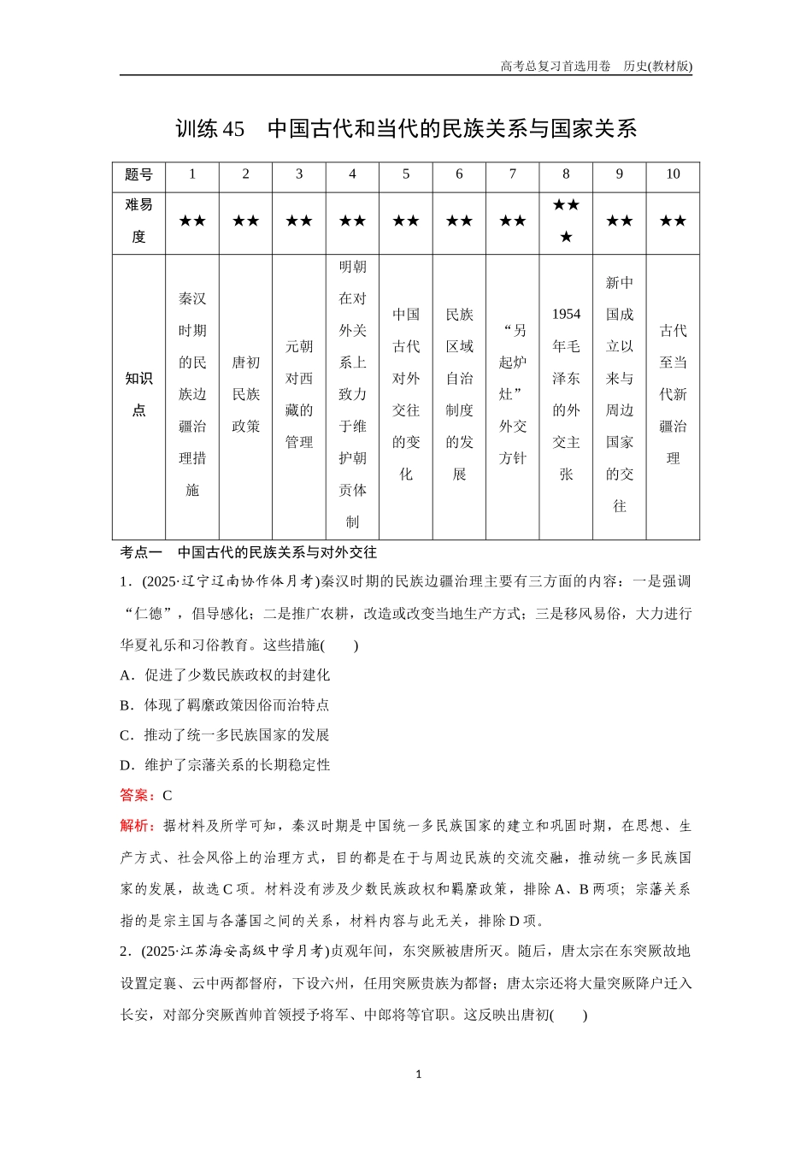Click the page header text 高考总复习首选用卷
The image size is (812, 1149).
point(555,66)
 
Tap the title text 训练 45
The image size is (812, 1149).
point(209,129)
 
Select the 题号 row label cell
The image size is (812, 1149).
point(138,174)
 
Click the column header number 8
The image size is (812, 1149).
point(566,174)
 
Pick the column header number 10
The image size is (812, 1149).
point(673,174)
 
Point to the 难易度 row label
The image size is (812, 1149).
point(138,221)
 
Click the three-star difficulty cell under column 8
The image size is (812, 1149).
point(566,221)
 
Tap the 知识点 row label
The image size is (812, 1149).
point(138,394)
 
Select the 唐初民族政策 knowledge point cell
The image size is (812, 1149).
point(245,394)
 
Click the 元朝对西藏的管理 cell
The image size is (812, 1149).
point(299,394)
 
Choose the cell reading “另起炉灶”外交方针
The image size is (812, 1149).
point(513,394)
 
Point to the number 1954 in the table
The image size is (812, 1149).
point(566,315)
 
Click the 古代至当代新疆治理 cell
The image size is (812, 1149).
point(673,394)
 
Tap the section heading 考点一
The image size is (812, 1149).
point(141,552)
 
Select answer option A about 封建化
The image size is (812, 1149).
point(226,675)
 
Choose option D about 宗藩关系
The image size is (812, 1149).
point(226,765)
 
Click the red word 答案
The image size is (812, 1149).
point(137,795)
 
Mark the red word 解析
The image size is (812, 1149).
point(137,826)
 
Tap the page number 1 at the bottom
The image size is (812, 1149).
point(418,1075)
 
